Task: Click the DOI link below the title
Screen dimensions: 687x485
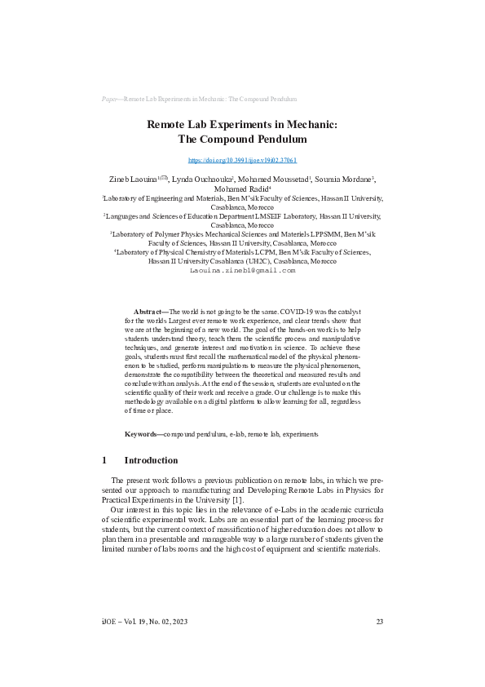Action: tap(242, 161)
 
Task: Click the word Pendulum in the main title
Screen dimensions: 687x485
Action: tap(271, 139)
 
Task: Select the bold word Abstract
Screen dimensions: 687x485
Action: tap(148, 312)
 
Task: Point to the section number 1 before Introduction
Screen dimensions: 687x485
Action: tap(104, 460)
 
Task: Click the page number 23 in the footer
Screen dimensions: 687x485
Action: tap(379, 622)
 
